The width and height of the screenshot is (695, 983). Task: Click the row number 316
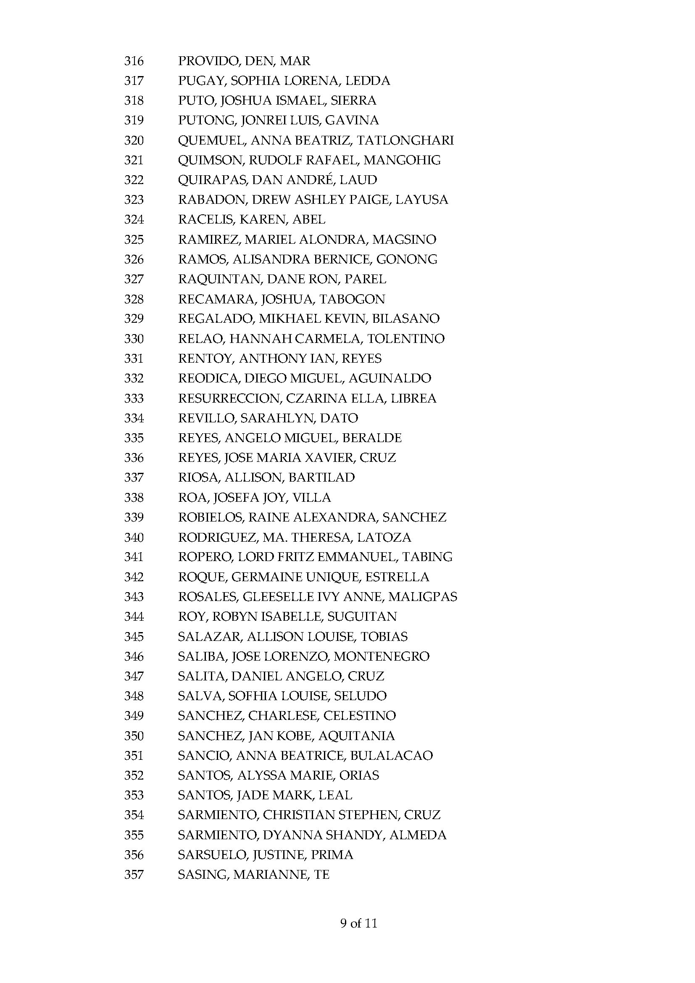click(134, 61)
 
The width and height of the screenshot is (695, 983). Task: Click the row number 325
click(134, 240)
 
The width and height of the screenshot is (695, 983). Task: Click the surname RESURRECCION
click(229, 398)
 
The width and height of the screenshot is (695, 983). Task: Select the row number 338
click(134, 498)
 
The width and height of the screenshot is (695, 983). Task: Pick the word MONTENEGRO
click(381, 656)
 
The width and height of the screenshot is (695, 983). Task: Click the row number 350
click(134, 736)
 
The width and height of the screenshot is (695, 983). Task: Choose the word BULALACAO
click(391, 756)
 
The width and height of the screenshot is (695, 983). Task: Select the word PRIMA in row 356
click(332, 855)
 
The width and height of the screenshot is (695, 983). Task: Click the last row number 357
click(134, 875)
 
